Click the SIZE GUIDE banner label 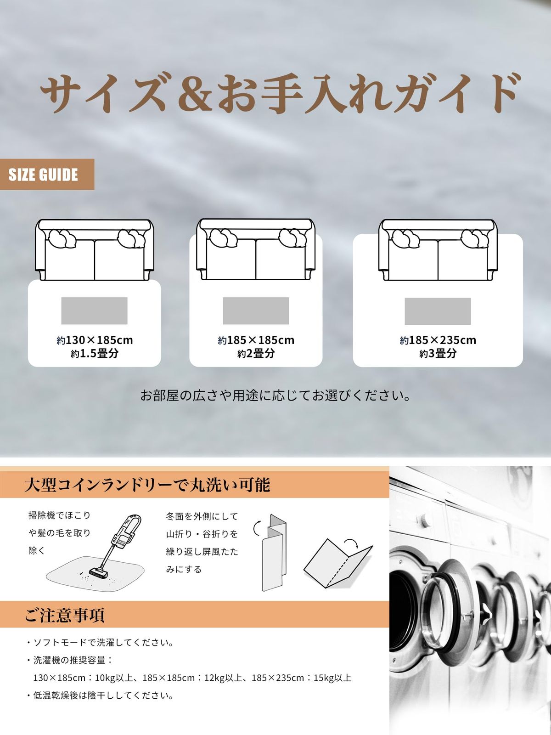tap(43, 175)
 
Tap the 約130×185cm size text tap(95, 340)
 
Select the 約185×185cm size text tap(256, 340)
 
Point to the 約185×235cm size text tap(438, 340)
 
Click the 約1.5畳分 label tap(95, 354)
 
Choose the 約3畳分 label tap(438, 354)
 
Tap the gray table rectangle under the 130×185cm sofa tap(94, 311)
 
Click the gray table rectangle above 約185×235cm tap(438, 311)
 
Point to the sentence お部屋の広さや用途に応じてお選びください tap(275, 395)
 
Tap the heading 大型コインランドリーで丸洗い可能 tap(147, 485)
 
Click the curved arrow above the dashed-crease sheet tap(351, 543)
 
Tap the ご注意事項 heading tap(65, 615)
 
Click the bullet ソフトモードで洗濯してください tap(103, 643)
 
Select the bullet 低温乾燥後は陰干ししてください tap(103, 695)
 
